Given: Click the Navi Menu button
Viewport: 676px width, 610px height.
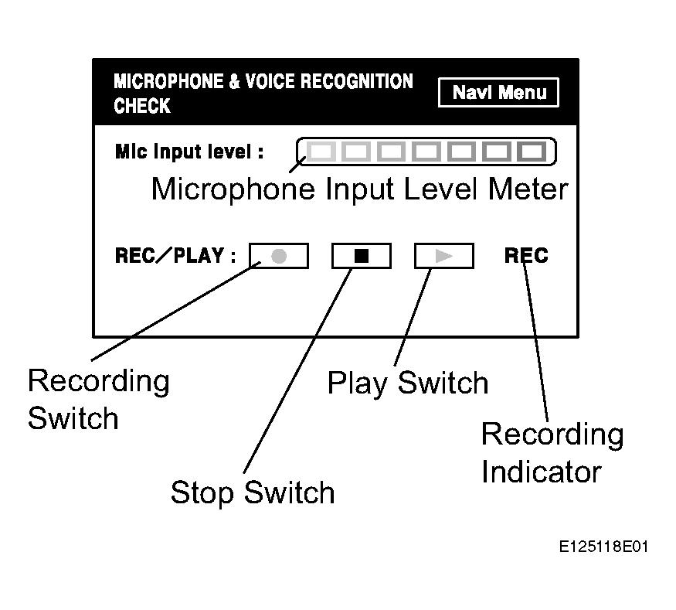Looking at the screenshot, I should pos(498,93).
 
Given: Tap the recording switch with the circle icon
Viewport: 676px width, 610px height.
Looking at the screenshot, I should pos(279,256).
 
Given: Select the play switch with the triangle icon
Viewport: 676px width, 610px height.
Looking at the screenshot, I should pos(443,256).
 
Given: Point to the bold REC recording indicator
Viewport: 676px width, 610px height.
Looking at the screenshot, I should pos(526,256).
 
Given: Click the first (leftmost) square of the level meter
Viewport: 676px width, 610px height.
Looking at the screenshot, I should pos(323,152).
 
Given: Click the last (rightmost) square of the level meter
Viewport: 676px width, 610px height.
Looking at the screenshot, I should pos(530,152).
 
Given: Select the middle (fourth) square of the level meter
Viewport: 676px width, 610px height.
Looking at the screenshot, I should pos(426,152).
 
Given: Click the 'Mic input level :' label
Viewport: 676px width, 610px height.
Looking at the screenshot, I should pos(189,152).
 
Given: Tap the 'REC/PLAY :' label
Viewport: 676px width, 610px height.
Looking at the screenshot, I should pos(175,256).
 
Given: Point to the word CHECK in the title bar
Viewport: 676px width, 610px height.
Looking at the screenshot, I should pos(142,106).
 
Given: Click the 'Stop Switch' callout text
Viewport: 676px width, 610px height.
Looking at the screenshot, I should pos(253,492).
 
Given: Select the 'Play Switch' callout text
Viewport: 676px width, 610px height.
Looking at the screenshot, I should pos(408,383).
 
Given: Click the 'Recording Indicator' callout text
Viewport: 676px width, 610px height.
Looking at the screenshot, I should pos(552,453).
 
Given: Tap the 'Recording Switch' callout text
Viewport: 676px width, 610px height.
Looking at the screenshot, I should pos(98,400).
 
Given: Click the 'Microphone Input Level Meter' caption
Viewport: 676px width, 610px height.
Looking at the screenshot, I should pos(359,189).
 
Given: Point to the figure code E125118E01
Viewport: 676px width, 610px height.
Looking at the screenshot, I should pos(604,547).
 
